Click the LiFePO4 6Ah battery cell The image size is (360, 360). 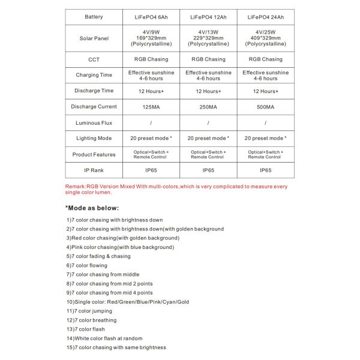(x=151, y=17)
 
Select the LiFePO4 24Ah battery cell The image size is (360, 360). (x=265, y=17)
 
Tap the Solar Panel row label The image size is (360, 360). (x=94, y=38)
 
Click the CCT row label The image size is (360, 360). (x=94, y=59)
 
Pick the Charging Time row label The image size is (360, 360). (x=94, y=75)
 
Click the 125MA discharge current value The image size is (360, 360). (x=151, y=107)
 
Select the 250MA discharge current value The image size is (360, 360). (x=208, y=107)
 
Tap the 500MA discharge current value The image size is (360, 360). (x=265, y=107)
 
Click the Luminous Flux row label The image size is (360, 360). (x=94, y=123)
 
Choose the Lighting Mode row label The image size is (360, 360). (x=94, y=138)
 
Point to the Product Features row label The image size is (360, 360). (x=94, y=154)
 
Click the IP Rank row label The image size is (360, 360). (x=94, y=170)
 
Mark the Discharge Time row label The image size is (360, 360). (x=94, y=91)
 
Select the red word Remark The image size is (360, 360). (x=75, y=187)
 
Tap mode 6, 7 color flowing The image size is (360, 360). (x=87, y=265)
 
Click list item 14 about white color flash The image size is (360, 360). (x=104, y=338)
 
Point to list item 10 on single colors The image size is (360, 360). (x=127, y=302)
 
